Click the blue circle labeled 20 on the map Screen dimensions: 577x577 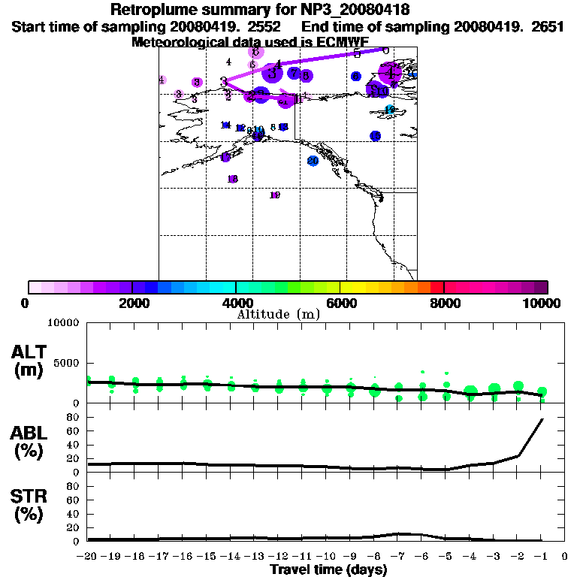313,161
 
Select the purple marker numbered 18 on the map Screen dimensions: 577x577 233,179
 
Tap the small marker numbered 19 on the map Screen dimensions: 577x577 275,195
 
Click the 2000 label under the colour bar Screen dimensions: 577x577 131,304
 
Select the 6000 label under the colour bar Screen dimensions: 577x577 340,304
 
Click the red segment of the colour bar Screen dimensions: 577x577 437,287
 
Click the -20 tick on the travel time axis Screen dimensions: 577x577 88,557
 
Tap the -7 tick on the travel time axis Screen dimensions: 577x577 398,557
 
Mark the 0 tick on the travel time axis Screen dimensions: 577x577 566,557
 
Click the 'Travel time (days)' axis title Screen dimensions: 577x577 328,569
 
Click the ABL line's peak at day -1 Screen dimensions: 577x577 542,418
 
